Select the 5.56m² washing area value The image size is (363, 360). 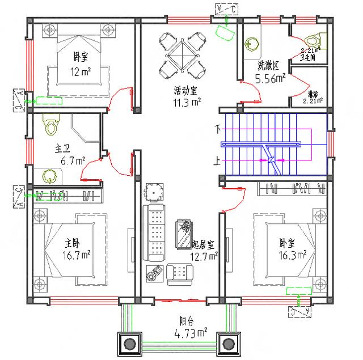tap(270, 79)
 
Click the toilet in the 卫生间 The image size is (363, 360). tap(313, 40)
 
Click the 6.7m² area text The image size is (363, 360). tap(73, 161)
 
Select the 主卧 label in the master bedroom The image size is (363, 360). tap(71, 243)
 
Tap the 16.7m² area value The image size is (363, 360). tap(77, 256)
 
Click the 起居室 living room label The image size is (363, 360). tap(204, 244)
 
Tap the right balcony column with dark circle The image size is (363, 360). tap(229, 344)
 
